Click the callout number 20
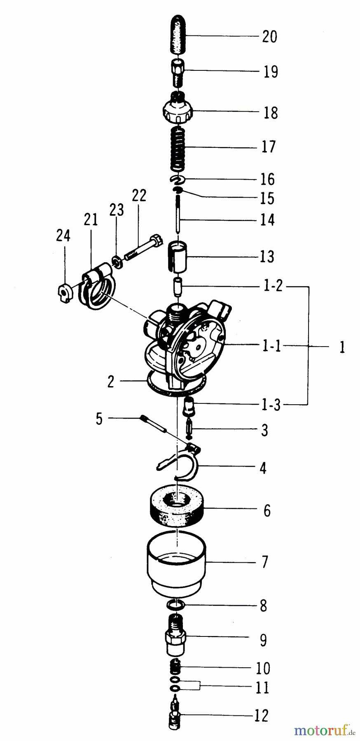coord(269,37)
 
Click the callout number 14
coord(267,220)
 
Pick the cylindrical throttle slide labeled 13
coord(177,256)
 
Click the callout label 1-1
coord(272,347)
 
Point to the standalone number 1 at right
coord(341,347)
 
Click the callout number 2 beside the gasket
coord(110,382)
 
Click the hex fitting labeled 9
coord(176,637)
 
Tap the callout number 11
coord(262,687)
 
